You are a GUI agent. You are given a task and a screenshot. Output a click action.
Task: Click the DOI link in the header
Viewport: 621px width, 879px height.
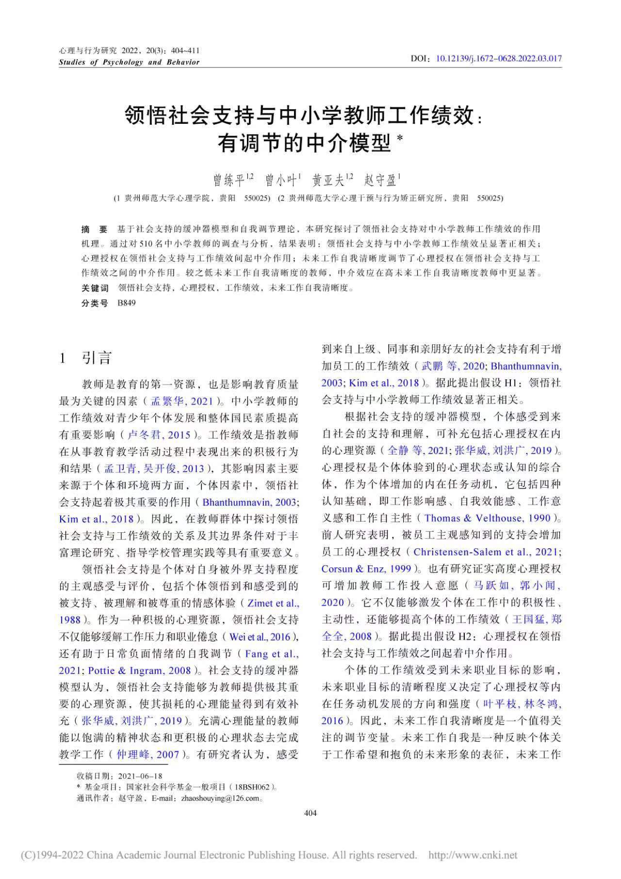499,59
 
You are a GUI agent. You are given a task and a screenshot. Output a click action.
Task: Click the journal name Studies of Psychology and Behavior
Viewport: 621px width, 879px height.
129,62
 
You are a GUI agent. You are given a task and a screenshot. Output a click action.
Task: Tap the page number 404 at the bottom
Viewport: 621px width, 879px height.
310,813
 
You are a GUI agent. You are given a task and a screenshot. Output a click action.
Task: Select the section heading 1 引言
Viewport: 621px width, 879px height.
85,358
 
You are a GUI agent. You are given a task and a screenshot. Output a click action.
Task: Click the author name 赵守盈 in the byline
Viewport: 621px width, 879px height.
381,181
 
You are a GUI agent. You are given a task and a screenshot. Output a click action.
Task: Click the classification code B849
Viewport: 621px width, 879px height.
127,303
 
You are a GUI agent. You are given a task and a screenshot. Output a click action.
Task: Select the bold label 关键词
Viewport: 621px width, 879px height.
95,288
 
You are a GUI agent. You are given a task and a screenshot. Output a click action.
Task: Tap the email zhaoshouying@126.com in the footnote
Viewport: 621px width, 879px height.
220,798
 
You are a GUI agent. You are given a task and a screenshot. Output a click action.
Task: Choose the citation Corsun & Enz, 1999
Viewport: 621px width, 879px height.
366,569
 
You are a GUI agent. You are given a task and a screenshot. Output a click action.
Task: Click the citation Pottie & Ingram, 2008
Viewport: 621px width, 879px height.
140,671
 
